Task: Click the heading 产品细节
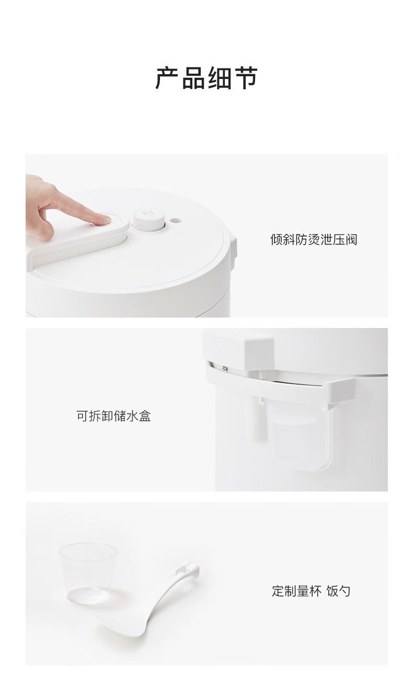click(x=206, y=78)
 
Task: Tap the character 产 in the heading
click(x=167, y=78)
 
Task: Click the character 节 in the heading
click(x=246, y=78)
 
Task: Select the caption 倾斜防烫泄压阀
click(x=314, y=239)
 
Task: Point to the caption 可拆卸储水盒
click(x=113, y=416)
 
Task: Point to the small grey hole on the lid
click(x=175, y=220)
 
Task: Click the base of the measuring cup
click(x=88, y=595)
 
